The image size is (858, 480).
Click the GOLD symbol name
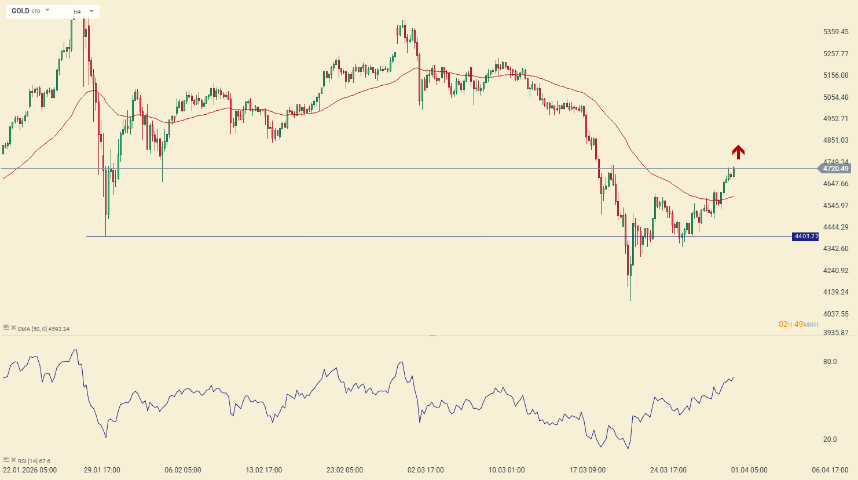point(20,11)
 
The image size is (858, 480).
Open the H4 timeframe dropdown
point(91,11)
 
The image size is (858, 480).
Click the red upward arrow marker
point(738,152)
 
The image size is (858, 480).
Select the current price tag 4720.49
point(835,169)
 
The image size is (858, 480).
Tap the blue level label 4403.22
point(806,237)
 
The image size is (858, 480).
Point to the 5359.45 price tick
point(836,32)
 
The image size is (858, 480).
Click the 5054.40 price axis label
point(836,97)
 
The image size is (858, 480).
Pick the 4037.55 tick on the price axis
point(836,314)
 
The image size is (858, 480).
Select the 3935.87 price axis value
point(836,333)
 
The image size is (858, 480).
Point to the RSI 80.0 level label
point(830,362)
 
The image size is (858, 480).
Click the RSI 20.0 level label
point(830,439)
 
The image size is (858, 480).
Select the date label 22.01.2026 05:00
point(30,470)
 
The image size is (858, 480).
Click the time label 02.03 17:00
point(426,470)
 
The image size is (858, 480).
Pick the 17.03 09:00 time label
point(587,470)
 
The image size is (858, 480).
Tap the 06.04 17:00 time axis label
point(830,470)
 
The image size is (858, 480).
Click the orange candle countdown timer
point(798,325)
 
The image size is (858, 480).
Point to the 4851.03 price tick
point(836,140)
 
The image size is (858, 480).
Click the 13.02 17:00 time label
point(263,470)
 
